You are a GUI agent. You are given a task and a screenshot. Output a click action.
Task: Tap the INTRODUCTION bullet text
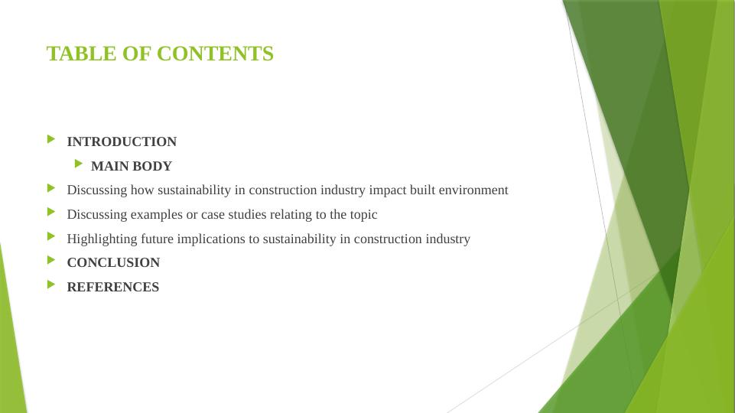point(122,141)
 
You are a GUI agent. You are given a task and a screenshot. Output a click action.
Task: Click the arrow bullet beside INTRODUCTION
point(51,139)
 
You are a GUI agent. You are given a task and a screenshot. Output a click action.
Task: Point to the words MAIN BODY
point(131,166)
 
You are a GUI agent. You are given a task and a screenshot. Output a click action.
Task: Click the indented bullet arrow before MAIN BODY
point(79,164)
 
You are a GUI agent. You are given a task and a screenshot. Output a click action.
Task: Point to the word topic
point(363,214)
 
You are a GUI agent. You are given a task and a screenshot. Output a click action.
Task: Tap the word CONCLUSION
point(113,262)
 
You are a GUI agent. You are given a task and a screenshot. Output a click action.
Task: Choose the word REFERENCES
point(113,287)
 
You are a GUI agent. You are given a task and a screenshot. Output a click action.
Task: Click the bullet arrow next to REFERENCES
point(51,285)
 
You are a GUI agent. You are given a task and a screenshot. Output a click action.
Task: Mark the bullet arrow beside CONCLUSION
point(51,260)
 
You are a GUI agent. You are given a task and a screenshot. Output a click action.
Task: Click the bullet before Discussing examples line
point(51,212)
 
